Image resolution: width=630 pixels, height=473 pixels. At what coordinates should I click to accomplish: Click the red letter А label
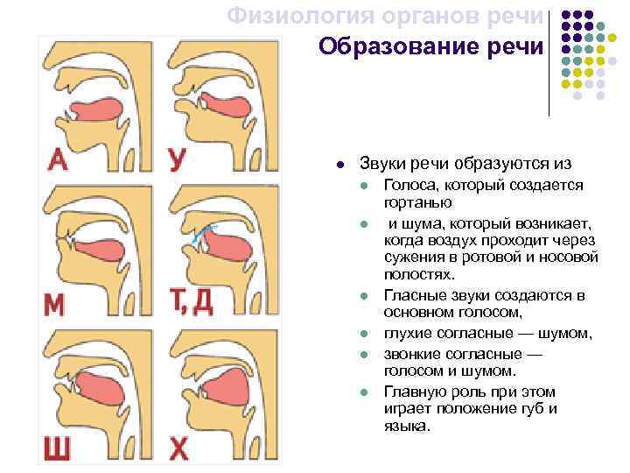click(x=58, y=159)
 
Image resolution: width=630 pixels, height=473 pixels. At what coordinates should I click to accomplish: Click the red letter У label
click(x=178, y=159)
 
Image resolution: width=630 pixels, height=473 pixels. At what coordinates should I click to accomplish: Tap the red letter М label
click(x=54, y=304)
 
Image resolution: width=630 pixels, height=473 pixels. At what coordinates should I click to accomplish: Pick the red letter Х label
click(x=178, y=448)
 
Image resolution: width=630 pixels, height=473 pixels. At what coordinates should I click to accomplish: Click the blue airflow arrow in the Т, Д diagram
click(x=206, y=232)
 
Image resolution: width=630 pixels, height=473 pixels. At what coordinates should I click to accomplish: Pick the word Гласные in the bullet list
click(x=412, y=295)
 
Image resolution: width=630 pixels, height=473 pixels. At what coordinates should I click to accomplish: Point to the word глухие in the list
click(x=409, y=333)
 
